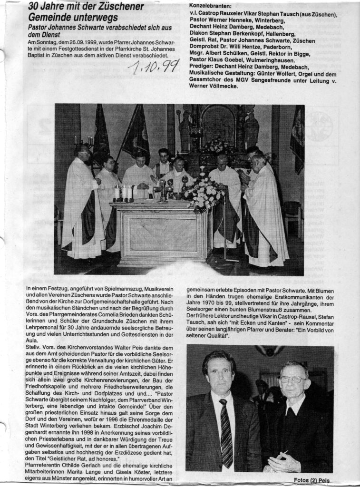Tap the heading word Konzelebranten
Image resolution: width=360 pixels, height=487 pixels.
click(209, 6)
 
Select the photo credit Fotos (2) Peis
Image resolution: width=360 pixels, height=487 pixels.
click(311, 480)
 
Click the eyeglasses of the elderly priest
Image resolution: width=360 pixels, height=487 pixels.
click(292, 380)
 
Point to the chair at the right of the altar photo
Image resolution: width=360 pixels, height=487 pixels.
click(292, 216)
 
